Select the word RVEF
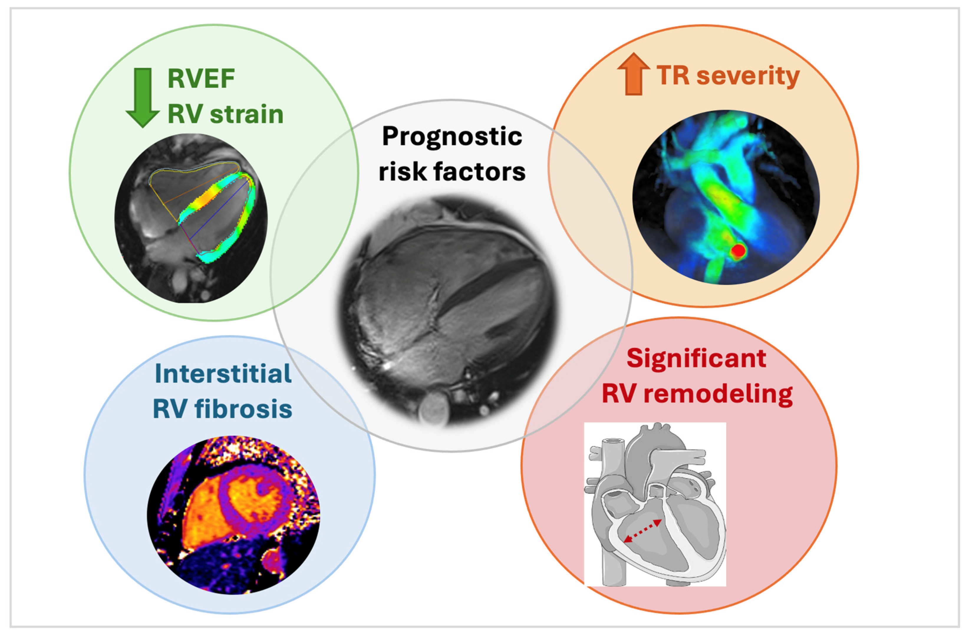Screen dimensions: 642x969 (x=201, y=79)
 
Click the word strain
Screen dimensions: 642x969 (x=247, y=114)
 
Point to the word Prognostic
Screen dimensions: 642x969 (x=452, y=136)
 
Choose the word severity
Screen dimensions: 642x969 (x=748, y=76)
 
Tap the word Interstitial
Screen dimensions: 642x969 (x=223, y=374)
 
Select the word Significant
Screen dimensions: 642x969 (x=696, y=359)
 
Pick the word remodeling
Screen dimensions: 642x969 (x=718, y=394)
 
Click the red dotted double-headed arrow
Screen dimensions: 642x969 (x=642, y=531)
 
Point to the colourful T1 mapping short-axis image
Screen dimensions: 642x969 (x=233, y=515)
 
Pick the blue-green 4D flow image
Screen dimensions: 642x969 (x=726, y=197)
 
